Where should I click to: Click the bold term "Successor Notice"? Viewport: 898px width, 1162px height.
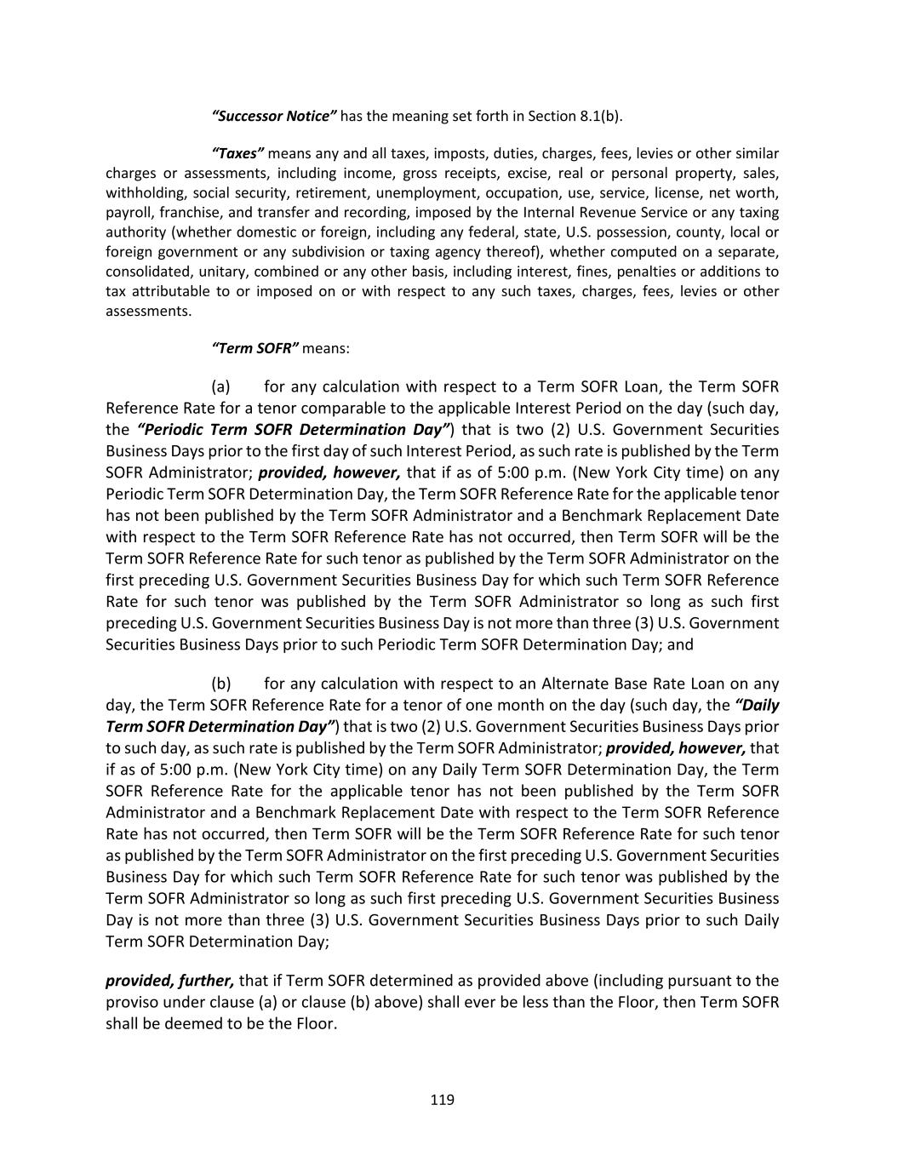pos(274,116)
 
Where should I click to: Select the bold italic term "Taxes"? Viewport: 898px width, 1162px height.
pos(237,154)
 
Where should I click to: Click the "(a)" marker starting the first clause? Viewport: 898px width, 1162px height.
pos(221,387)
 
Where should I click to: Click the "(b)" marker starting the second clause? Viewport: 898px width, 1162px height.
pos(221,684)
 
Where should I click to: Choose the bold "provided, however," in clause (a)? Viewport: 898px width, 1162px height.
pos(329,472)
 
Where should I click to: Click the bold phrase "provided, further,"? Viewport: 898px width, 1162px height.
pos(169,981)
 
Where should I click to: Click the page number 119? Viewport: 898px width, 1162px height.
pos(442,1100)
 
